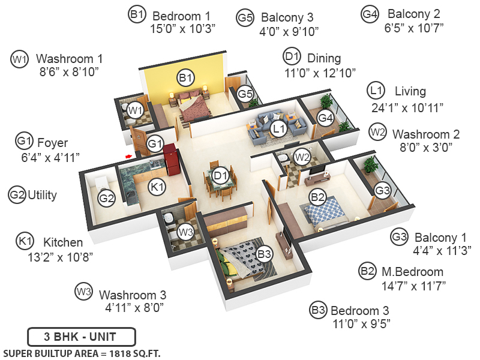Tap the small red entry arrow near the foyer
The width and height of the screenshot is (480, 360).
[128, 156]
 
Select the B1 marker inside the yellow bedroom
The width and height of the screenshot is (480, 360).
[185, 77]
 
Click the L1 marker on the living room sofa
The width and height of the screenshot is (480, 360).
[277, 127]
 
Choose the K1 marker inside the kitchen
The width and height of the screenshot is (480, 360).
[157, 187]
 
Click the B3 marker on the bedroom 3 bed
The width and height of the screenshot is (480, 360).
[265, 254]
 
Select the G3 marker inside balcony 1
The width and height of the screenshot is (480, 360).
[382, 190]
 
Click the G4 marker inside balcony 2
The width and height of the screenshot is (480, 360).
[325, 118]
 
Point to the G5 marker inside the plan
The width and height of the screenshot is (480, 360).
[245, 94]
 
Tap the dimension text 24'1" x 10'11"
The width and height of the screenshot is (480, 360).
[407, 108]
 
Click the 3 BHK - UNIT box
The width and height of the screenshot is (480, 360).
[81, 337]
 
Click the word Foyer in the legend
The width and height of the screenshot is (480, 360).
[53, 143]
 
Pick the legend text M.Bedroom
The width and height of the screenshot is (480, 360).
[412, 272]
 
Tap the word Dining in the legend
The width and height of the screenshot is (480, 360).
[324, 58]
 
